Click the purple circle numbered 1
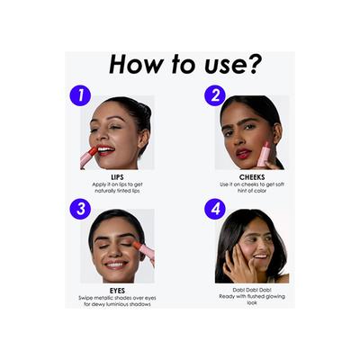click(x=80, y=95)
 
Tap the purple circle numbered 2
click(x=215, y=95)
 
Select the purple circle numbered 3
click(x=80, y=209)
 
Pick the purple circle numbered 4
click(x=215, y=209)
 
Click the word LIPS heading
click(x=117, y=177)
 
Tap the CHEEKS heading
click(x=252, y=177)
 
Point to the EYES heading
click(x=117, y=291)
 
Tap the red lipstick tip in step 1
click(x=94, y=151)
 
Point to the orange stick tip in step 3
click(x=137, y=246)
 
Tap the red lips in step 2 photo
click(x=243, y=153)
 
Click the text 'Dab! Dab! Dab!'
click(x=252, y=290)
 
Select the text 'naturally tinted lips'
click(x=117, y=191)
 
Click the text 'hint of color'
click(x=252, y=191)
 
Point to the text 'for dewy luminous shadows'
click(x=117, y=304)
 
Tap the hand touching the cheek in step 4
click(x=238, y=260)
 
